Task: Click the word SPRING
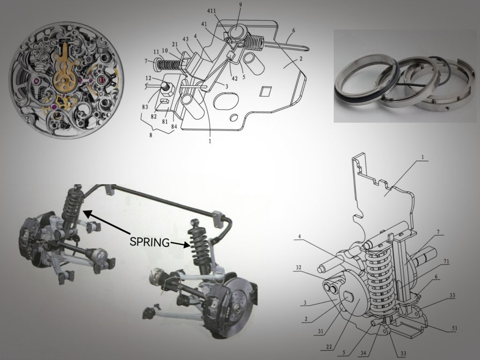[149, 242]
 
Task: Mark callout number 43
[186, 39]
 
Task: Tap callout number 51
[454, 329]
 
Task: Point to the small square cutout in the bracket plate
[266, 91]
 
